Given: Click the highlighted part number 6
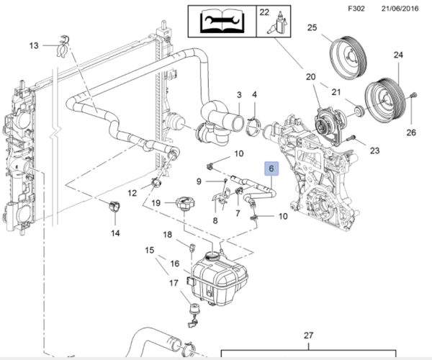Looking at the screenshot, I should pyautogui.click(x=271, y=169).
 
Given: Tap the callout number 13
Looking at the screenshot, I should pyautogui.click(x=33, y=46).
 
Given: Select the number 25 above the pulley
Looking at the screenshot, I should pyautogui.click(x=312, y=28).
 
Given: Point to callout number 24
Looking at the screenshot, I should pyautogui.click(x=398, y=55).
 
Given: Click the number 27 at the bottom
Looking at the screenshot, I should pyautogui.click(x=307, y=336).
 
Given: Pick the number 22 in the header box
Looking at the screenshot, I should pyautogui.click(x=264, y=12).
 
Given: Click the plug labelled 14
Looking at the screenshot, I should pyautogui.click(x=112, y=208).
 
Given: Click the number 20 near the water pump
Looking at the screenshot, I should pyautogui.click(x=310, y=76).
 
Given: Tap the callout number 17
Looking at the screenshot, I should pyautogui.click(x=173, y=284).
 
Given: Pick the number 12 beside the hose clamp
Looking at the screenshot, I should pyautogui.click(x=132, y=193).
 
